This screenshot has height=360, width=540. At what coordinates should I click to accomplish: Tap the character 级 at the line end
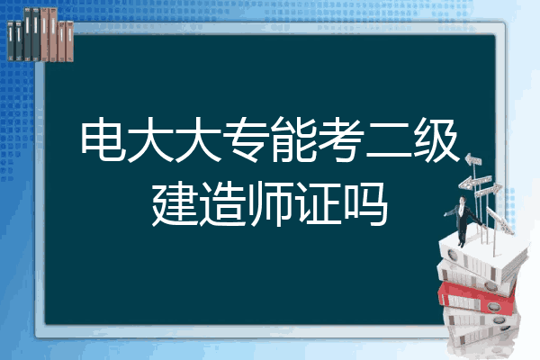(x=436, y=139)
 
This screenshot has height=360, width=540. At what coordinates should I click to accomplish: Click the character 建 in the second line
(x=174, y=203)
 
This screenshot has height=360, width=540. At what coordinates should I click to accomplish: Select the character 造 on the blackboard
(x=222, y=203)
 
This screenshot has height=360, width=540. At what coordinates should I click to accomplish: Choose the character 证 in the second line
(x=318, y=203)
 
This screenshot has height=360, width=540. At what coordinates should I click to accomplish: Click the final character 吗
(x=365, y=203)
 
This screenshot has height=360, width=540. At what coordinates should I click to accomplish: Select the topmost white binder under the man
(x=482, y=253)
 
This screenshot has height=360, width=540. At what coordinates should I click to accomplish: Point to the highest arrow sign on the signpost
(x=472, y=159)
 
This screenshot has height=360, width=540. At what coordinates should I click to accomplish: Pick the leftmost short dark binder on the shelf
(x=11, y=40)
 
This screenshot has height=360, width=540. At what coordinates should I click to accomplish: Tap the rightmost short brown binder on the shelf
(x=69, y=41)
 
